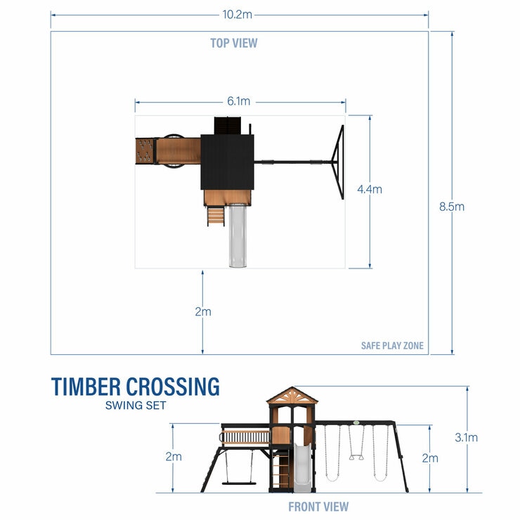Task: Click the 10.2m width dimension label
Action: (x=239, y=13)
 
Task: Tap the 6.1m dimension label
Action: (x=239, y=102)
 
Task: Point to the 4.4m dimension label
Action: (x=370, y=189)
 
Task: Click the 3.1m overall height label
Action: (x=467, y=437)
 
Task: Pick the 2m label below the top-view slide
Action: (x=202, y=311)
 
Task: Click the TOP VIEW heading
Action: (x=234, y=43)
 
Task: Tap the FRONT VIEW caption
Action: (x=318, y=506)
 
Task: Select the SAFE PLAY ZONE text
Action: (x=392, y=346)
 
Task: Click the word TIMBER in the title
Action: (x=86, y=387)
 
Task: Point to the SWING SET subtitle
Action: (x=135, y=405)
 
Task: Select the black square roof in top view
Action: (x=227, y=162)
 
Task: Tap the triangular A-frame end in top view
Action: (x=338, y=162)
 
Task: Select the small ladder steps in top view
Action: (x=215, y=216)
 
